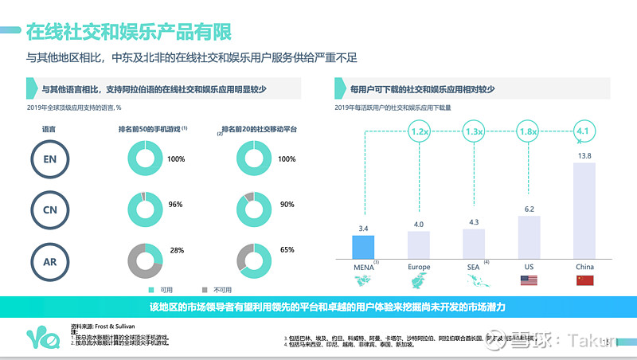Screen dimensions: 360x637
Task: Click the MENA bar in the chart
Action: [x=363, y=245]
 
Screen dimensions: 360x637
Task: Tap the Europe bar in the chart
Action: [x=419, y=243]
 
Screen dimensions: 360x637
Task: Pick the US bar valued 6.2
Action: [x=529, y=235]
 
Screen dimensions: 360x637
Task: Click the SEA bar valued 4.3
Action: [x=475, y=242]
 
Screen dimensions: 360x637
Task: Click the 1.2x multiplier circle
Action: [x=419, y=131]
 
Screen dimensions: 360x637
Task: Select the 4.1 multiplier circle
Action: [x=584, y=131]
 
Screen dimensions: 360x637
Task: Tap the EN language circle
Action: [x=49, y=159]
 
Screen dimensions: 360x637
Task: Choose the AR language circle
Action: [x=49, y=260]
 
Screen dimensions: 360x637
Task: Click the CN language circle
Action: [x=49, y=209]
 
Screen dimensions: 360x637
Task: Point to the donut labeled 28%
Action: [x=145, y=259]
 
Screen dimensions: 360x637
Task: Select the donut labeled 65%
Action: [x=255, y=259]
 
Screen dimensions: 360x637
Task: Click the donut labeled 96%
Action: [x=145, y=209]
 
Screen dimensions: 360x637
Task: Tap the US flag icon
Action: [x=529, y=280]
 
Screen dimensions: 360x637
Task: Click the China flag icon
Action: [x=584, y=280]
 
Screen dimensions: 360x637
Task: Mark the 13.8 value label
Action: [x=584, y=156]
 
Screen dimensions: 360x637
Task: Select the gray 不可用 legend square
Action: [x=204, y=289]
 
